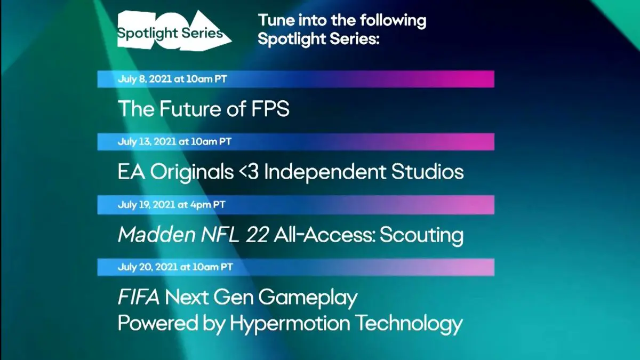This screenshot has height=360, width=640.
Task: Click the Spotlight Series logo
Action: [174, 31]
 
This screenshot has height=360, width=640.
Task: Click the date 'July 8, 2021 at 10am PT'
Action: [172, 79]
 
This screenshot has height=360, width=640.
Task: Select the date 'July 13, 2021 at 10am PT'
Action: [174, 142]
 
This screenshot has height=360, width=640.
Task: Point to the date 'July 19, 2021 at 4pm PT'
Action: [171, 205]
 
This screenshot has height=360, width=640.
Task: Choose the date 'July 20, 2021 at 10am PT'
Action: [175, 267]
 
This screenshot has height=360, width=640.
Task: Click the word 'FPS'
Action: [270, 109]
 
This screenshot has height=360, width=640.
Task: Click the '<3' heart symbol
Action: [249, 172]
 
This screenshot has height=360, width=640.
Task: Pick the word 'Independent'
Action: [325, 172]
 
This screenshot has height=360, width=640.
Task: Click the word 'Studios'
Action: [427, 172]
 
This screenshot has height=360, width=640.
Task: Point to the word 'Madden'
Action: [156, 235]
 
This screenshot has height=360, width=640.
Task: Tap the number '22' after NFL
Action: [257, 235]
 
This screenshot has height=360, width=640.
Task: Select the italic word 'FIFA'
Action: [139, 297]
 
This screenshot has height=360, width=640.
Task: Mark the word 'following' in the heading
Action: [393, 21]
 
